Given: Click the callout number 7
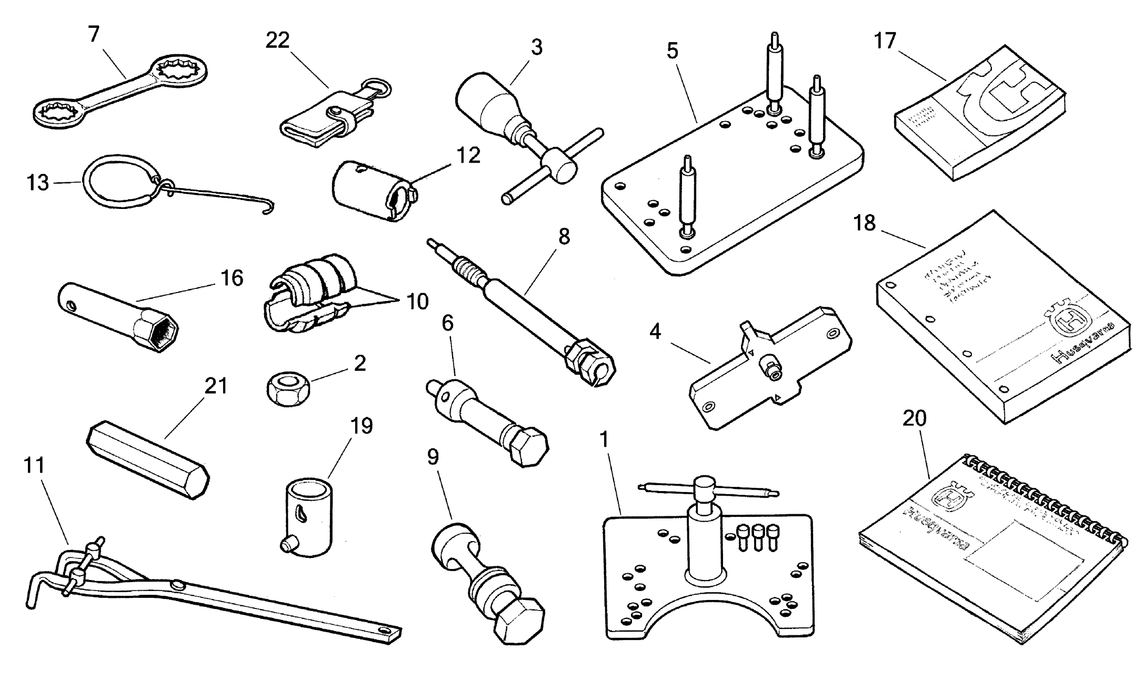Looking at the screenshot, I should coord(94,35).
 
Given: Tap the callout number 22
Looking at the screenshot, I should coord(277,41).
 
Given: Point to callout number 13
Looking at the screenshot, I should coord(38,183).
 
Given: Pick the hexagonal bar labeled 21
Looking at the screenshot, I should coord(147,458).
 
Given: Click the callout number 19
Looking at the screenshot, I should coord(362,426).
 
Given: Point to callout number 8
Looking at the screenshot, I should coord(564,237).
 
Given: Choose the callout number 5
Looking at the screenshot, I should coord(672,51).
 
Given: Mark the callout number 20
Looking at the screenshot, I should coord(914,418).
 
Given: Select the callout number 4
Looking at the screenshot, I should coord(655,332).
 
